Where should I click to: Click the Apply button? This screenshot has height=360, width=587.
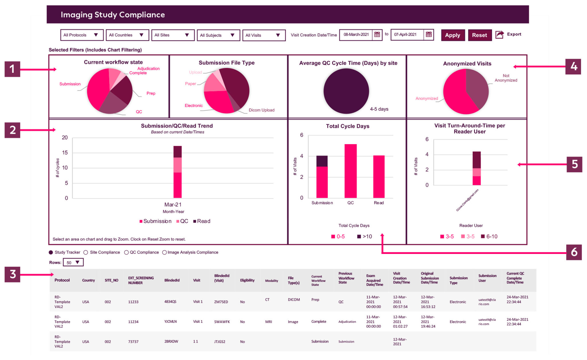452,35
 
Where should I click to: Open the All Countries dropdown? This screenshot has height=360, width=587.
127,35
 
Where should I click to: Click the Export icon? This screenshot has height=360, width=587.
500,35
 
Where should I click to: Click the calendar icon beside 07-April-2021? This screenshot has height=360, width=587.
428,35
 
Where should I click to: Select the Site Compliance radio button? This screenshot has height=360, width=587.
86,253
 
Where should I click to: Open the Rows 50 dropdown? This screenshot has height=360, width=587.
73,263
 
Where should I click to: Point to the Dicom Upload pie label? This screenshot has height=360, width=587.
261,110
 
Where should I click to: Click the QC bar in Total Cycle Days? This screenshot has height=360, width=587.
350,171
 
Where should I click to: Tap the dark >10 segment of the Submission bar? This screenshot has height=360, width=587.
322,161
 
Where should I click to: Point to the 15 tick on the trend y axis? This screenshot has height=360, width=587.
65,153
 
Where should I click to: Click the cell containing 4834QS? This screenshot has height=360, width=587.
170,302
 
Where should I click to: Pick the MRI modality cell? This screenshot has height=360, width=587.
268,322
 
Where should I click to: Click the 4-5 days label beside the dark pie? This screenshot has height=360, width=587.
379,109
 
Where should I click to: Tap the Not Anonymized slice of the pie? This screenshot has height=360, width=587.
477,89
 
